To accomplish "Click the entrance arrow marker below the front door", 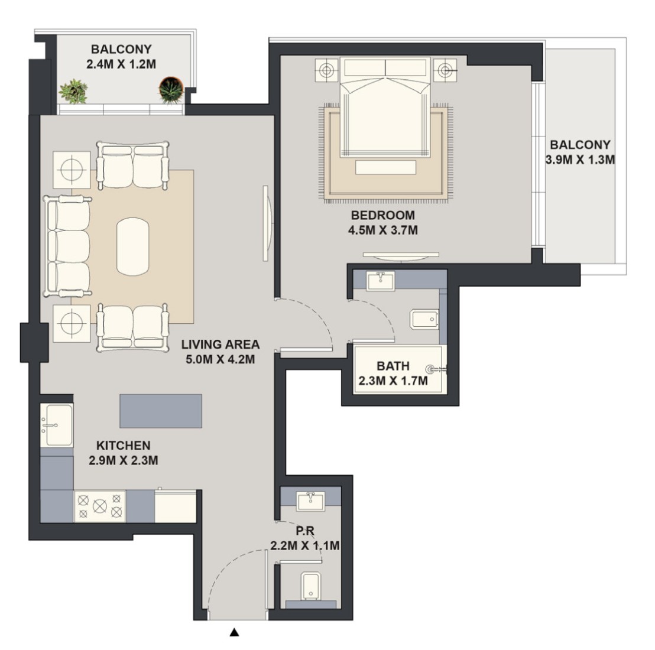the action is (x=235, y=632).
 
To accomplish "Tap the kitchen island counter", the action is (x=161, y=411).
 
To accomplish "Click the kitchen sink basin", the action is (x=59, y=424).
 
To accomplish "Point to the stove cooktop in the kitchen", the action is (x=100, y=506).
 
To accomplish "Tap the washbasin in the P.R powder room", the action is (x=310, y=500).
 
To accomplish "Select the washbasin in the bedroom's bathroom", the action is (x=380, y=281).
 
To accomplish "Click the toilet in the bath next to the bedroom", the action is (x=425, y=319).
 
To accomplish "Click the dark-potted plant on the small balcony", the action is (x=171, y=89).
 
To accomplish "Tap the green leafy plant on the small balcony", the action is (x=73, y=92).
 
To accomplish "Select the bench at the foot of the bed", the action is (x=386, y=167).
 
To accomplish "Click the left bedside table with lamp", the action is (x=327, y=69).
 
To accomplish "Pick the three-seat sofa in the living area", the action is (x=67, y=246).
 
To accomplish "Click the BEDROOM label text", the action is (x=383, y=216).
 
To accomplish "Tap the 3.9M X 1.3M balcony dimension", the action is (x=581, y=160).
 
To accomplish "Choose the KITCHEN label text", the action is (x=123, y=446).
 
